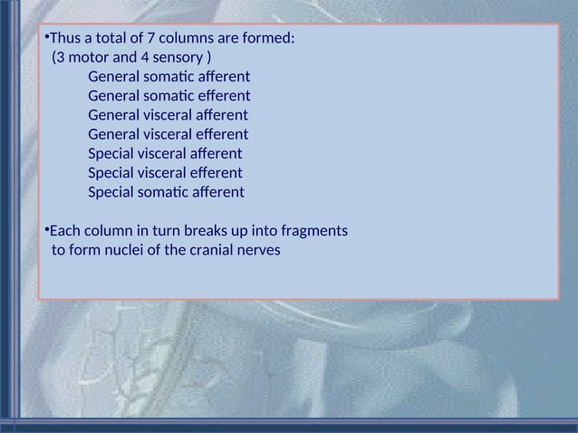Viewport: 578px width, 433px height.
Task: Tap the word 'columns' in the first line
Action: tap(188, 39)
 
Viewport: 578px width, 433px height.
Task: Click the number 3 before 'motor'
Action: tap(60, 58)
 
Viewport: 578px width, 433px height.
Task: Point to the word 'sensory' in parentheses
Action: tap(179, 58)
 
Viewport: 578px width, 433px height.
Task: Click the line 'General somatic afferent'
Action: tap(169, 77)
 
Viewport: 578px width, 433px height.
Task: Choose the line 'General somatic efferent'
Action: tap(169, 96)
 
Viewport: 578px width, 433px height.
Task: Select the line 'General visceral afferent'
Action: tap(168, 115)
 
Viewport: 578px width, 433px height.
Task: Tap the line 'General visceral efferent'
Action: tap(168, 135)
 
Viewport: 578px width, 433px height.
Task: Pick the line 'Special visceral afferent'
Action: tap(165, 154)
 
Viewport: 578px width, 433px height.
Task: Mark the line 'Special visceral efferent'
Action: tap(165, 173)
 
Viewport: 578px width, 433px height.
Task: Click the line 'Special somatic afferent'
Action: tap(166, 192)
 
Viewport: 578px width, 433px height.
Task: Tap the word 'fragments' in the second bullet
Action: tap(315, 231)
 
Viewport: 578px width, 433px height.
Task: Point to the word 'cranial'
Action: tap(207, 250)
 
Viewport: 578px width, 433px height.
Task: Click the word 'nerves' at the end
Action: tap(258, 250)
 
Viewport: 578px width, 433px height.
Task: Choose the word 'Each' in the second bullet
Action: tap(63, 231)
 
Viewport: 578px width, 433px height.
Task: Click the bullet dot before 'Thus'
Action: tap(45, 37)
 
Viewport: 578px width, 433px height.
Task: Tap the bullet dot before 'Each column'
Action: tap(45, 228)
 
